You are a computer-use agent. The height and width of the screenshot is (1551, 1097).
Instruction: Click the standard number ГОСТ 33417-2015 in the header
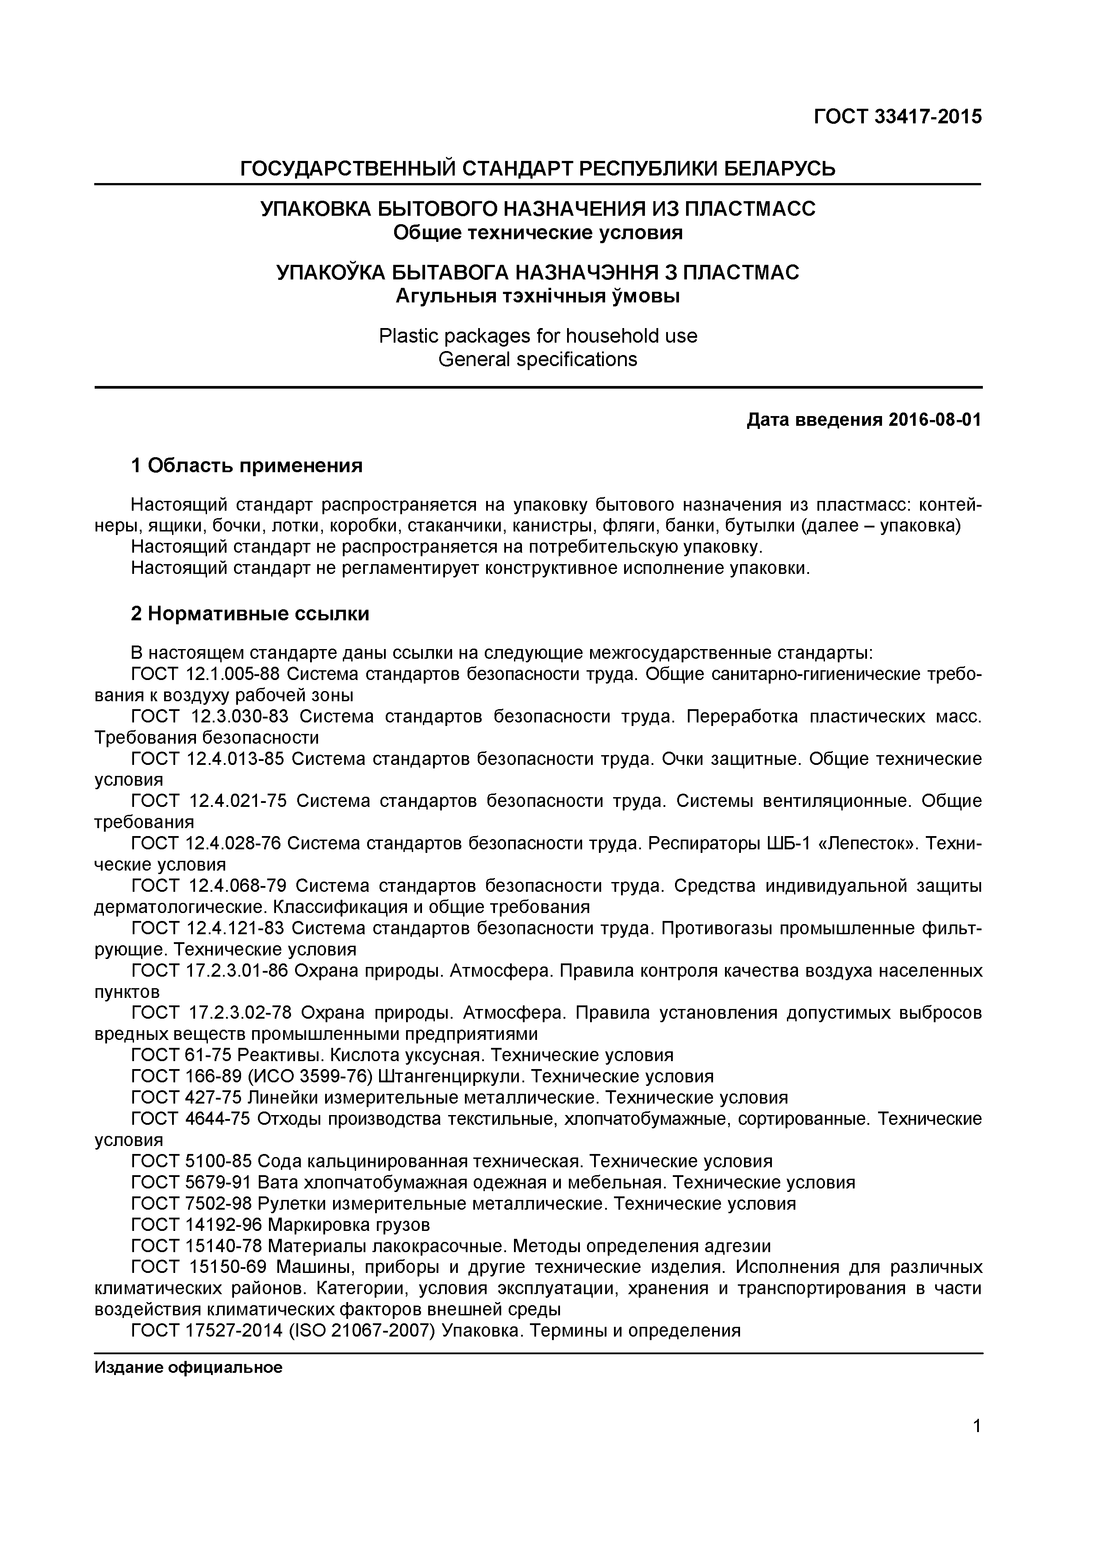click(x=897, y=117)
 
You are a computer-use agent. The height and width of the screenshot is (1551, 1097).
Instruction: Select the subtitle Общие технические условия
click(x=537, y=233)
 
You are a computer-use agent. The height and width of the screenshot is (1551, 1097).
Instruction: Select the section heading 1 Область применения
click(x=247, y=466)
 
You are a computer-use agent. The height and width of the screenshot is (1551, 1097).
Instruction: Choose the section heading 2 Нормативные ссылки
click(x=250, y=614)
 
